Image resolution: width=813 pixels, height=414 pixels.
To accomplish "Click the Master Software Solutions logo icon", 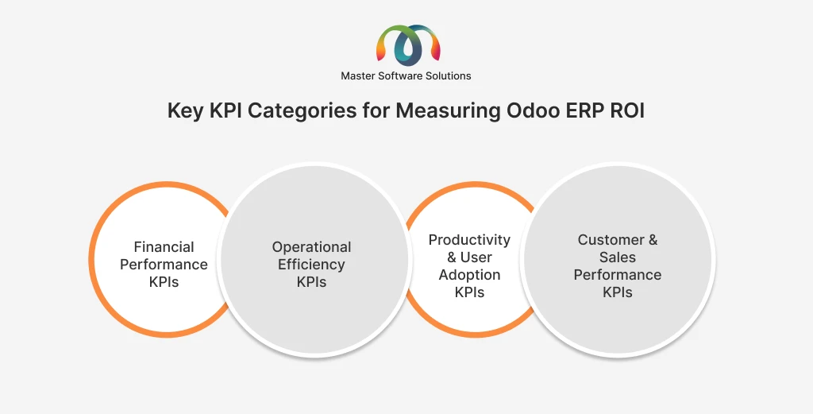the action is coord(408,45).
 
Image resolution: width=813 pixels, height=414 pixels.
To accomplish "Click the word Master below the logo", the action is coord(357,75).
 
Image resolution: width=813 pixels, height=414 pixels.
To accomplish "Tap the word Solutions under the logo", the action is coord(449,75).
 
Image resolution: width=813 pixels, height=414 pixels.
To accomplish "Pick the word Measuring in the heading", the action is coord(448,111).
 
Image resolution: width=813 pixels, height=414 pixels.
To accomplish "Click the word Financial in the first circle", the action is coord(164,247).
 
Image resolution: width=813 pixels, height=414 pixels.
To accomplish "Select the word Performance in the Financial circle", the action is coord(164,265).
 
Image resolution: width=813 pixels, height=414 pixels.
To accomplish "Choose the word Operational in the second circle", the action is coord(311,247).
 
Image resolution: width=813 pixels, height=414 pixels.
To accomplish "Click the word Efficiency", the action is coord(311,265).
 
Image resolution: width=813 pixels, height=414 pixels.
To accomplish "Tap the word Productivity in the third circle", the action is coord(469,240).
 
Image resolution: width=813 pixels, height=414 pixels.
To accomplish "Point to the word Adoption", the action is coord(469,275).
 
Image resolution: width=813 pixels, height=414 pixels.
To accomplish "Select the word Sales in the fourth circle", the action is coord(618,257).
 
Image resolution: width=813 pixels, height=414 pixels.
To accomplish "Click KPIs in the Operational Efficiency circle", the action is coord(311,282).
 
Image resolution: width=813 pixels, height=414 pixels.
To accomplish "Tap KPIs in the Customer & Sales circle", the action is coord(618,292).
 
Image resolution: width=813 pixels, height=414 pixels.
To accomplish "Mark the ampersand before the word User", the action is coord(452,257).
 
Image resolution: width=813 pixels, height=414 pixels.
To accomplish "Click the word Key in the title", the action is coord(186,111).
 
